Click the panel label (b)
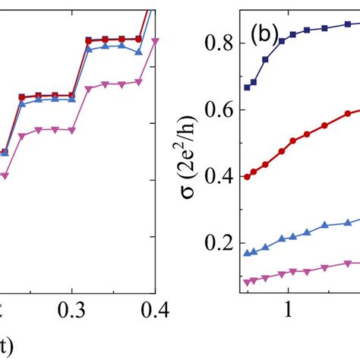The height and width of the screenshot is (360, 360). point(264,36)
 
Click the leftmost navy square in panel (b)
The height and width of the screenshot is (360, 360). point(246,87)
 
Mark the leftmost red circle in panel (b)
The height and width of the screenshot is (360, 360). point(246,176)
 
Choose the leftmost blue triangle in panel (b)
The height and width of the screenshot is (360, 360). point(246,252)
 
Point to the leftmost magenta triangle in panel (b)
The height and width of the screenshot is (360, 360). point(246,282)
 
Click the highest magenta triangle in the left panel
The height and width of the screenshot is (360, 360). point(155,41)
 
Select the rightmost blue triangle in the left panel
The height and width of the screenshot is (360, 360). point(138,52)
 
